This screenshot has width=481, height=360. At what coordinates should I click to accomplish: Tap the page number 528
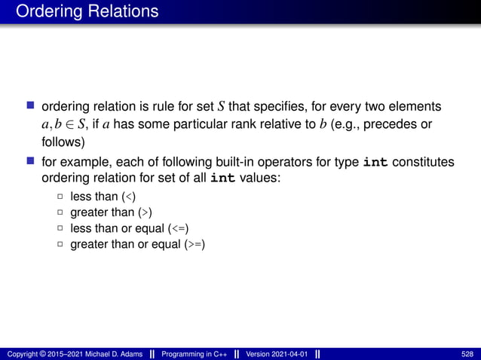pos(467,354)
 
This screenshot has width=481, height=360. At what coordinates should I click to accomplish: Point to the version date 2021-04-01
pos(290,354)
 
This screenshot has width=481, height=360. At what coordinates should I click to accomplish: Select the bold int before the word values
pos(222,178)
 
